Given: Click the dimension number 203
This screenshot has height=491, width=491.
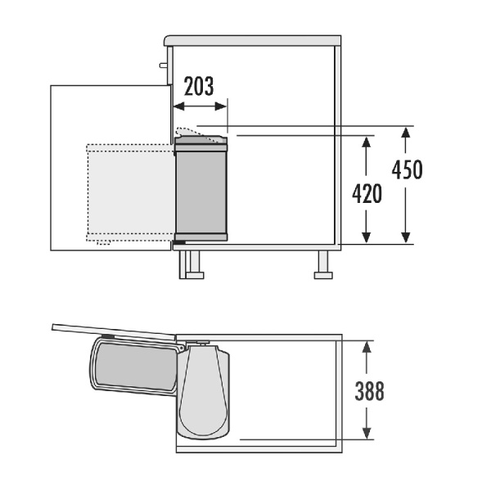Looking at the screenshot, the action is (199, 86).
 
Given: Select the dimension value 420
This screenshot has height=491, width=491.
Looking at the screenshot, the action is (367, 194).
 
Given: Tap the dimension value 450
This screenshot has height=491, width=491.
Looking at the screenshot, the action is (407, 169).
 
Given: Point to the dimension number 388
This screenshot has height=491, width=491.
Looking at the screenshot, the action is (369, 391).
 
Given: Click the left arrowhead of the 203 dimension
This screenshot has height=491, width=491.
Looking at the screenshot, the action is (178, 106).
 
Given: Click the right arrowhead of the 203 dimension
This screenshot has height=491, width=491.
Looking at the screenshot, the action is (221, 106).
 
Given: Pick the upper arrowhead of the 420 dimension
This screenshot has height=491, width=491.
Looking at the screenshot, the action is (366, 142).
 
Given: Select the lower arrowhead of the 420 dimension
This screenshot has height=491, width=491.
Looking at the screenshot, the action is (366, 237).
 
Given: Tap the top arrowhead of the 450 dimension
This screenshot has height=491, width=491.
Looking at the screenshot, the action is (406, 133).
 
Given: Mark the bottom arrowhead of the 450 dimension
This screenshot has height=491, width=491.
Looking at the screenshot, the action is (406, 237).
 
